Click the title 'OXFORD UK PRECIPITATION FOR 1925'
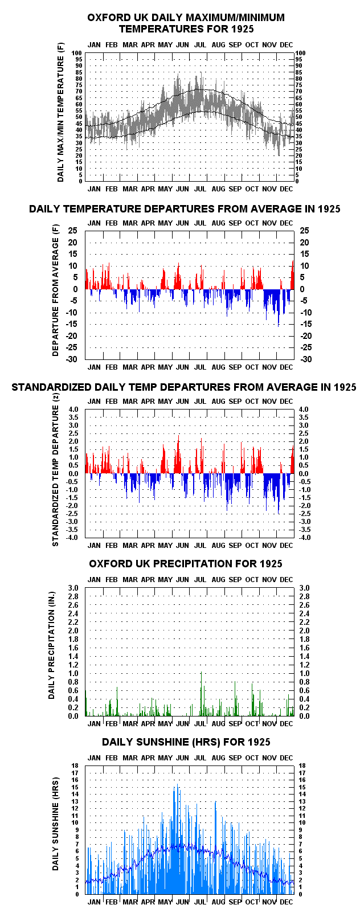pyautogui.click(x=186, y=564)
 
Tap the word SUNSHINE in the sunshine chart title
pyautogui.click(x=160, y=742)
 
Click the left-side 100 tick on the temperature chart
pyautogui.click(x=77, y=53)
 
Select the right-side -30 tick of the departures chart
pyautogui.click(x=306, y=359)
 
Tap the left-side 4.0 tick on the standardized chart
pyautogui.click(x=73, y=410)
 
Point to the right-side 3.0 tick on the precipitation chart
pyautogui.click(x=304, y=588)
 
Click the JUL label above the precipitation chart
pyautogui.click(x=200, y=580)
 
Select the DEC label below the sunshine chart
pyautogui.click(x=287, y=902)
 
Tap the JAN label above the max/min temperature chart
pyautogui.click(x=94, y=45)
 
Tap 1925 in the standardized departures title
pyautogui.click(x=345, y=387)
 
